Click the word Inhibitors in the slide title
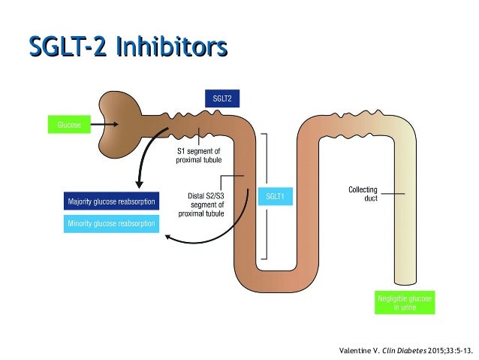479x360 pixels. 172,46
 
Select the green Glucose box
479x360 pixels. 68,124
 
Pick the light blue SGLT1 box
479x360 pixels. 276,197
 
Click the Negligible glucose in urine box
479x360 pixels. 405,302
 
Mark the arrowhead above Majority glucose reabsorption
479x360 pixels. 137,186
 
